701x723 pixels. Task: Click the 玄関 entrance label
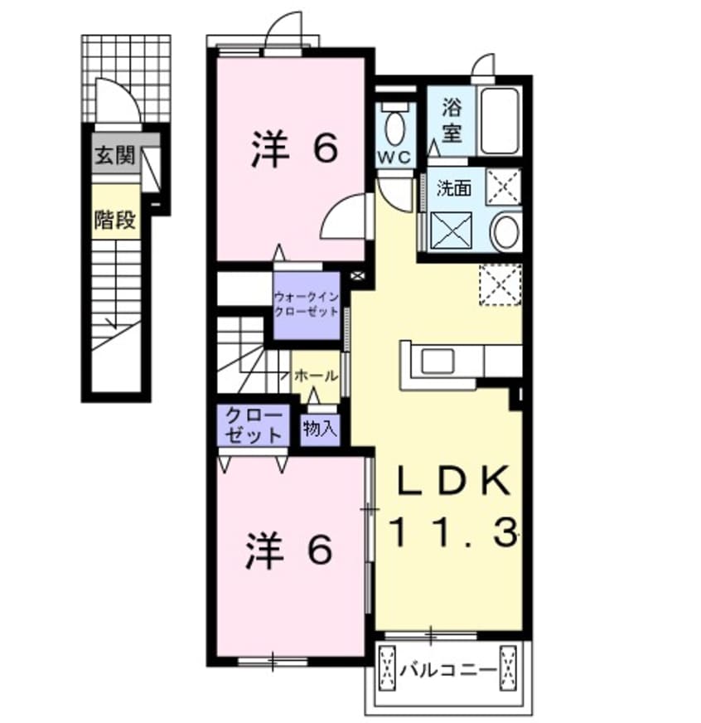pos(114,155)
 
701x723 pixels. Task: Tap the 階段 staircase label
pos(114,220)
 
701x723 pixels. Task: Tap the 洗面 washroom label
pos(454,188)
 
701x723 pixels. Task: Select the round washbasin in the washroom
pos(505,231)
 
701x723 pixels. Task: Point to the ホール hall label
pos(316,376)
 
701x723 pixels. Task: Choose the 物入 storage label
pos(319,429)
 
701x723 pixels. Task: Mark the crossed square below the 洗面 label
pos(452,230)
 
